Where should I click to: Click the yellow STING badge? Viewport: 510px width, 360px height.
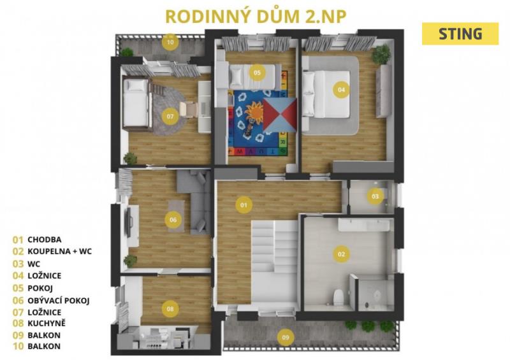(460, 34)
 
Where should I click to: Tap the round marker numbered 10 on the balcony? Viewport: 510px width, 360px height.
(170, 42)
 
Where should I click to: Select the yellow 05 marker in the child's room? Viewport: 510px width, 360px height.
(257, 73)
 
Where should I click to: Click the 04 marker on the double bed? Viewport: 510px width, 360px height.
(341, 89)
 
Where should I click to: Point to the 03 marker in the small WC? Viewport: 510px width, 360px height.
(375, 196)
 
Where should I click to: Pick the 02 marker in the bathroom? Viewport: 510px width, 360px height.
(341, 254)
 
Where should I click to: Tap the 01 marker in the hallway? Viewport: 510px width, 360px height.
(244, 205)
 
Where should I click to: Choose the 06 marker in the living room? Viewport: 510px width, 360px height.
(173, 220)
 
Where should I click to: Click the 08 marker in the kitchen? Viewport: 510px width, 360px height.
(170, 309)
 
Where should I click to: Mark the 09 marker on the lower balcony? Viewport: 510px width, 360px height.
(285, 337)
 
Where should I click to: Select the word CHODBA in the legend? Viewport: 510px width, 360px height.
(45, 240)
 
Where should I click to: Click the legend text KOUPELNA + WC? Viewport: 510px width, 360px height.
(59, 252)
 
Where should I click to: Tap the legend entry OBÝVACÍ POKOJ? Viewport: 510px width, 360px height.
(59, 300)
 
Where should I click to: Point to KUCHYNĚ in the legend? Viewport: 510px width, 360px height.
(47, 323)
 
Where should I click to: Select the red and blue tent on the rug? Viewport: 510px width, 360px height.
(280, 115)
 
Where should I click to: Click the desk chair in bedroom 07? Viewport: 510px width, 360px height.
(188, 108)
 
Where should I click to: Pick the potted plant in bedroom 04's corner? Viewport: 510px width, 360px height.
(381, 54)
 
